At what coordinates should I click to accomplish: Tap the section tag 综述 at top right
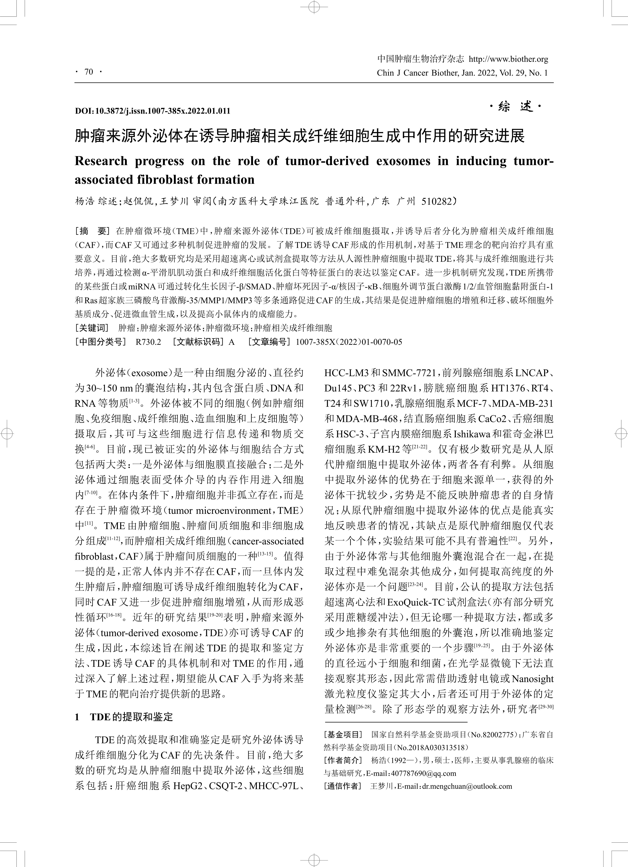516,107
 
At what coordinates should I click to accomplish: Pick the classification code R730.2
148,342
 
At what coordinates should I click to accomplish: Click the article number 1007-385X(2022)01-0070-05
349,342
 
